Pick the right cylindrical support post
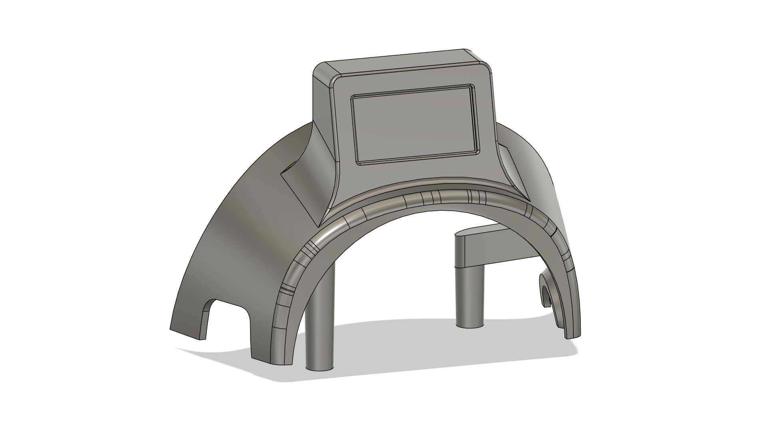[470, 295]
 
